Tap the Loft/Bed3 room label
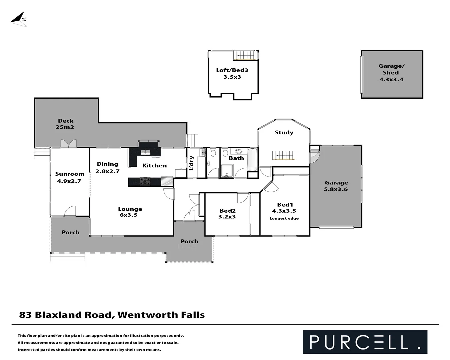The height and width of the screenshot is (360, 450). [x=232, y=70]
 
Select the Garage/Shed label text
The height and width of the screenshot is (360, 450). [x=391, y=69]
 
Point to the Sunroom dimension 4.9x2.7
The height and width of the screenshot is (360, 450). [x=69, y=181]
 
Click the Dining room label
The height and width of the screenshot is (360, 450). [x=107, y=164]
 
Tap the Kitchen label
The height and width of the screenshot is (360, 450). [x=154, y=165]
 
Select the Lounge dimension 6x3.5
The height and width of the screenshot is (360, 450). [x=129, y=215]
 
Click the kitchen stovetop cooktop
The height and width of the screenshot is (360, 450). [x=145, y=182]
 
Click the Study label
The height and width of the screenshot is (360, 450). [x=284, y=132]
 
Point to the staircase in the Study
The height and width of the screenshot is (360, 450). [x=284, y=156]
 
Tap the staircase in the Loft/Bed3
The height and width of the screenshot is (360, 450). [x=245, y=55]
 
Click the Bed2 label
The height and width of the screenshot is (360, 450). [x=228, y=211]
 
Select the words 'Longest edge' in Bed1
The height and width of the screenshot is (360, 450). [x=284, y=218]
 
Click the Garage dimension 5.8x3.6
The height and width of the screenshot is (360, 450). [x=336, y=189]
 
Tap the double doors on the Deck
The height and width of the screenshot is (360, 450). [x=69, y=144]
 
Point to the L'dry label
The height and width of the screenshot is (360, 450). [x=191, y=163]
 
